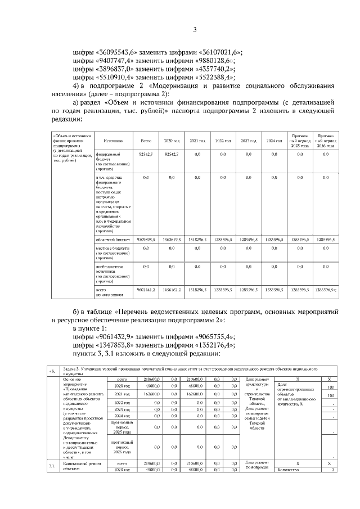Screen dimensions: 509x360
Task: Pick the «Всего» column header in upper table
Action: pos(146,141)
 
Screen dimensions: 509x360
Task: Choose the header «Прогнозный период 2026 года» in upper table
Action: pos(326,141)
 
